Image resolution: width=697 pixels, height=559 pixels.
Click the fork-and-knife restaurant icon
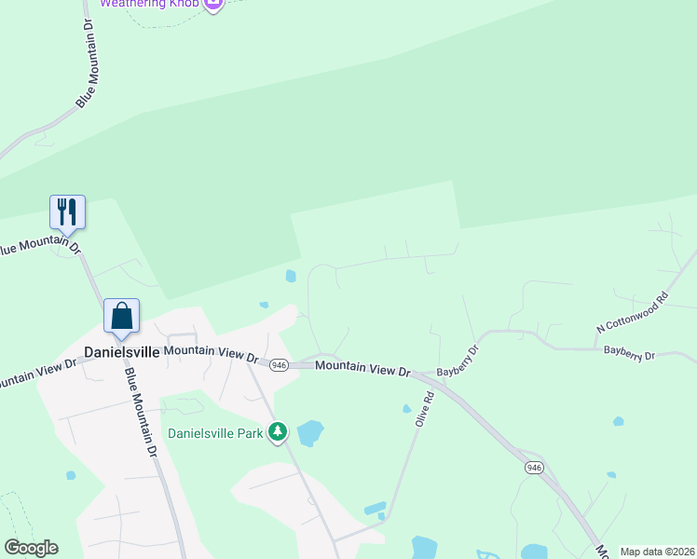coord(67,211)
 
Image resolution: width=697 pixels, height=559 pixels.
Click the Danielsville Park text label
coord(214,433)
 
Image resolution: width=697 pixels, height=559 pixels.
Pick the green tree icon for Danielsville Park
coord(277,431)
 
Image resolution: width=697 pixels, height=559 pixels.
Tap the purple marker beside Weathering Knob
coord(213,4)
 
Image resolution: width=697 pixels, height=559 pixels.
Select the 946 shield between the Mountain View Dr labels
coord(279,365)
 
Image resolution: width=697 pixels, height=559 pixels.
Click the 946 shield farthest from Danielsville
coord(533,467)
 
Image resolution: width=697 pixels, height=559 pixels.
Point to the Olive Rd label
coord(425,409)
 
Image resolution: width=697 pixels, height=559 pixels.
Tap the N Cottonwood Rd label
coord(633,313)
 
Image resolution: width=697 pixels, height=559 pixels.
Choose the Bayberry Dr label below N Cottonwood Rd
coord(630,354)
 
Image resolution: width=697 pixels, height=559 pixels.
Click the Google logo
coord(31,548)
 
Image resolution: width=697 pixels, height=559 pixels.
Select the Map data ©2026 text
coord(657,552)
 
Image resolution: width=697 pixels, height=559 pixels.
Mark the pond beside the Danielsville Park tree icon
coord(309,433)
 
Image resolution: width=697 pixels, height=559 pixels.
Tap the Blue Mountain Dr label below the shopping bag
coord(141,409)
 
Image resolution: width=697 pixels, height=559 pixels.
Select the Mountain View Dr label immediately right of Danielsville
coord(211,353)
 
